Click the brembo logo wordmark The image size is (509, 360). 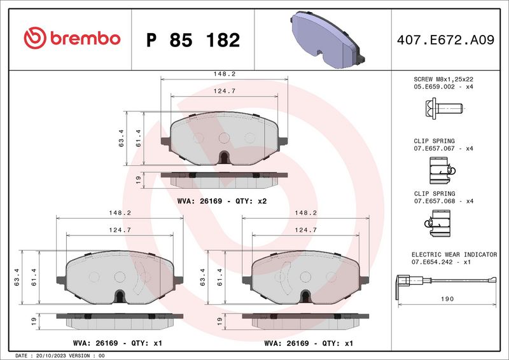point(71,38)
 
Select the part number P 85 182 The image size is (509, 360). point(193,40)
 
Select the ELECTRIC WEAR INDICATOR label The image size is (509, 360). point(454,254)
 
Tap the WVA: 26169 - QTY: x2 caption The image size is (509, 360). point(221,201)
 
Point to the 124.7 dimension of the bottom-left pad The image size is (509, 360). point(120,230)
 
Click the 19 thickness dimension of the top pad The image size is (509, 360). point(138,180)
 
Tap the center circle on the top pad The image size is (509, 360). point(224,137)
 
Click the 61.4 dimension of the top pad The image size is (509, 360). point(138,137)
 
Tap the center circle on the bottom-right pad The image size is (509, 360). point(305,276)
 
